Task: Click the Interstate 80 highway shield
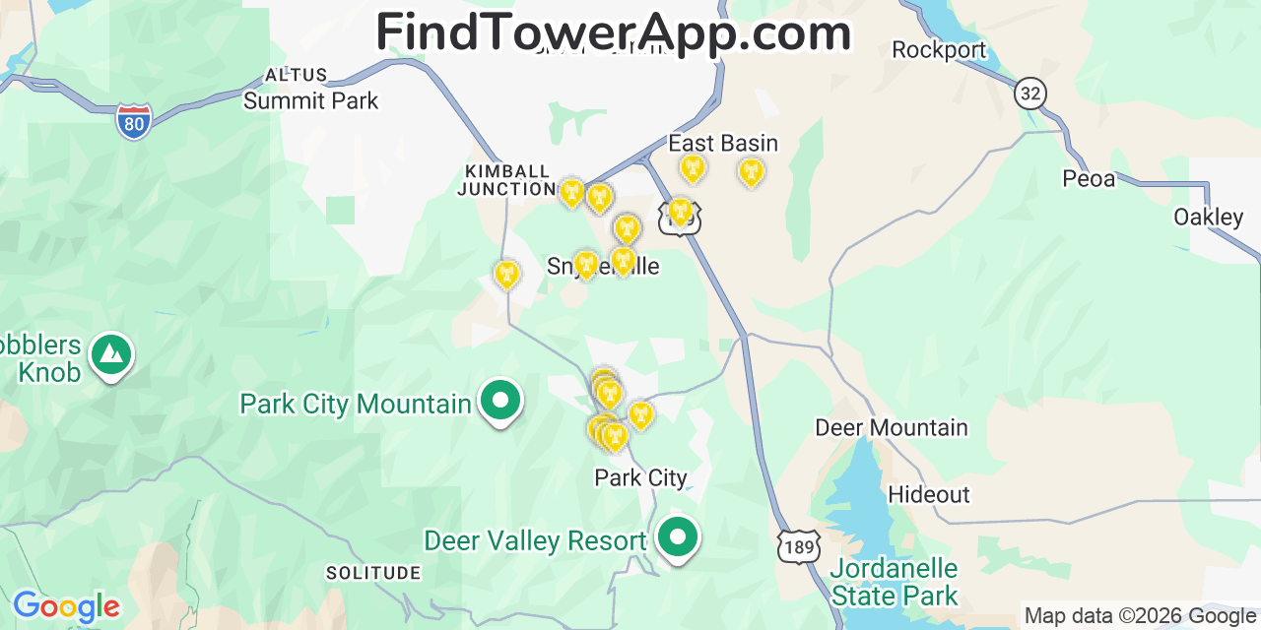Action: (133, 121)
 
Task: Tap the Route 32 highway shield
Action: (1029, 94)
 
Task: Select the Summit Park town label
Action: (310, 100)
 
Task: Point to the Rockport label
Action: (939, 49)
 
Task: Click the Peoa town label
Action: (1089, 178)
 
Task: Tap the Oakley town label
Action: (1208, 217)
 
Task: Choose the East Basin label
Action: (723, 143)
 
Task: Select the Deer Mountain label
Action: (891, 427)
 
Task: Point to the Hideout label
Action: (929, 494)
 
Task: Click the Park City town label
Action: (640, 477)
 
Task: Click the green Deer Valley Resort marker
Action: (677, 537)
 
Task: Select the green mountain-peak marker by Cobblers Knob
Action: (111, 353)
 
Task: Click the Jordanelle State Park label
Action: (894, 582)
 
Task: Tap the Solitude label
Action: (373, 573)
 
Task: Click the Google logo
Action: (65, 606)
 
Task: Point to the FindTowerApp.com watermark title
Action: (613, 32)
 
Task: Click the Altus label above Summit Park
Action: (296, 75)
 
